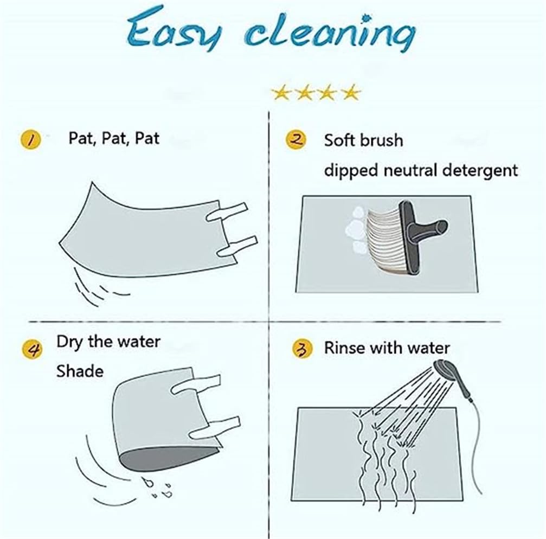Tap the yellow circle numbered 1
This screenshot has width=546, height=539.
tap(31, 139)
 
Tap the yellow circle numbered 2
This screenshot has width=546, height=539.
tap(296, 140)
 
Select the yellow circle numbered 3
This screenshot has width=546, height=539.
tap(302, 349)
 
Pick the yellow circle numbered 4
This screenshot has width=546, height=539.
tap(33, 349)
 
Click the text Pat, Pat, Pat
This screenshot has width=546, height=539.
tap(114, 138)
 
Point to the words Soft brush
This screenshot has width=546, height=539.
tap(363, 140)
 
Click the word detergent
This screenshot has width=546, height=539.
tap(480, 171)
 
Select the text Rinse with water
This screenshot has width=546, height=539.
tap(387, 348)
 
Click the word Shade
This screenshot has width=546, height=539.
tap(80, 371)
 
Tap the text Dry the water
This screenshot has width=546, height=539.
tap(108, 342)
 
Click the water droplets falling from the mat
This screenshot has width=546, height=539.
tap(158, 487)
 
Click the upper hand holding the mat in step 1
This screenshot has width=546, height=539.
tap(227, 213)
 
